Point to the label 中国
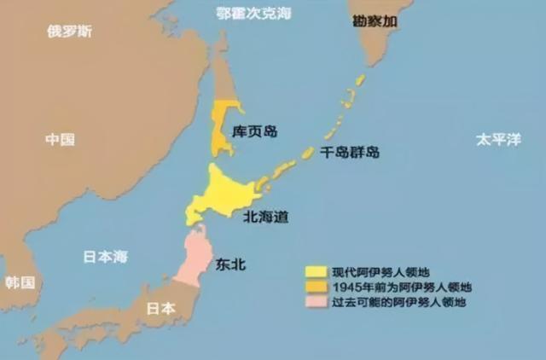[x=61, y=140]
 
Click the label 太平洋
[x=498, y=139]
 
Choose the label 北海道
[x=264, y=217]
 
